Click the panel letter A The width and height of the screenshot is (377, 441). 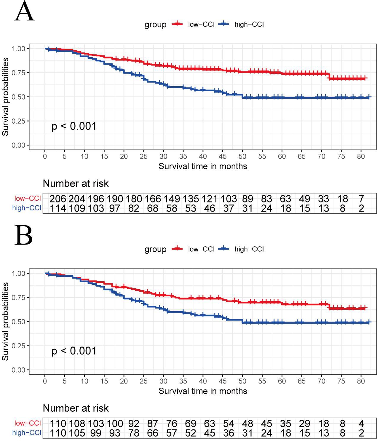coord(25,12)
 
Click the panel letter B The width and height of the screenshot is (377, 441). coord(23,236)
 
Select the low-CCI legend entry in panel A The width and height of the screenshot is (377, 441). coord(201,24)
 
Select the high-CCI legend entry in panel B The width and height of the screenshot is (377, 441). coord(249,249)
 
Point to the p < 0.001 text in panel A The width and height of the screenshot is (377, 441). coord(74,126)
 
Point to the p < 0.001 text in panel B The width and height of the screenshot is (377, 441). coord(74,351)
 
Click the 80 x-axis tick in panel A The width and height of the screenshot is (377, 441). coord(361,156)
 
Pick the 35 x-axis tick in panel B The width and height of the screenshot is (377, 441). coord(183,381)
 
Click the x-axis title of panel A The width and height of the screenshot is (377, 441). coord(203,166)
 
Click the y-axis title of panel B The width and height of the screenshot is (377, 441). coord(5,321)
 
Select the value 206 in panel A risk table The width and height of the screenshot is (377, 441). coord(57,199)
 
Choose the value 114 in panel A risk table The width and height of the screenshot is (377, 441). coord(57,208)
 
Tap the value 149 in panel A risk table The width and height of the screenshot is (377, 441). coord(172,199)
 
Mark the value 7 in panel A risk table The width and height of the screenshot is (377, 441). coord(361,199)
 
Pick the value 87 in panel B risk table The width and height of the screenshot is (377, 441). coord(153,424)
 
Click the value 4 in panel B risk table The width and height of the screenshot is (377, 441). coord(361,424)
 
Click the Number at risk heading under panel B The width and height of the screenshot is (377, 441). coord(76,408)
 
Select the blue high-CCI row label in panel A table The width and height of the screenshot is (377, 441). coord(27,208)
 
